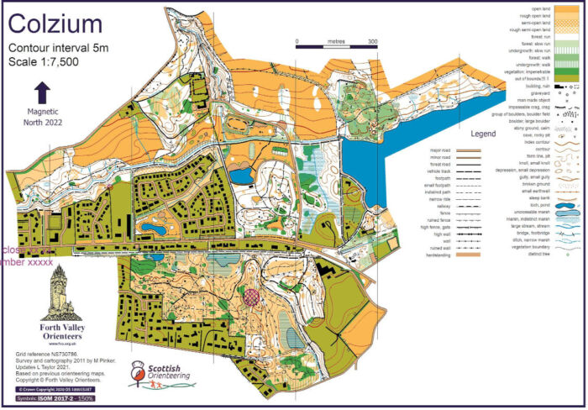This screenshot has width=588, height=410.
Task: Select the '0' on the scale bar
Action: coord(297,40)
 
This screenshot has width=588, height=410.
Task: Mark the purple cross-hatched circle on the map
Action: coord(253,295)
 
